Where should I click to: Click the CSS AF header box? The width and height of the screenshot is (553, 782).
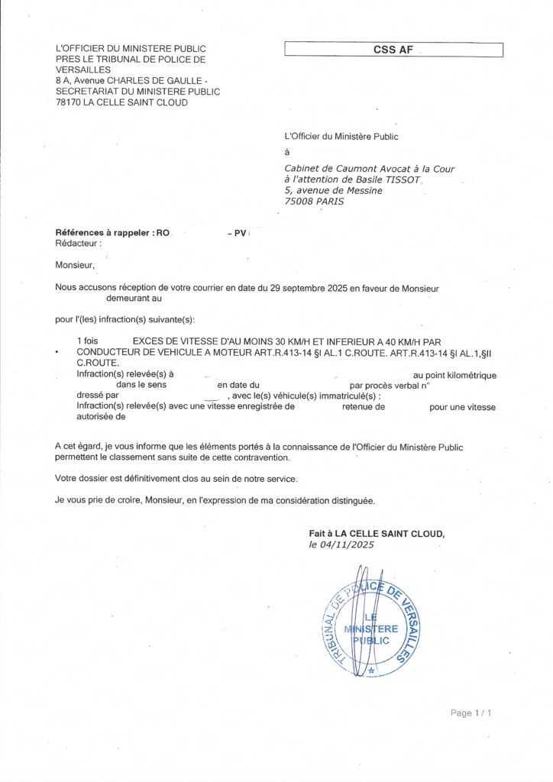pyautogui.click(x=393, y=50)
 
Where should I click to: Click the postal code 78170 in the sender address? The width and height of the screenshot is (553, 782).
pyautogui.click(x=70, y=102)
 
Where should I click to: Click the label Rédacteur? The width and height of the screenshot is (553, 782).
pyautogui.click(x=78, y=242)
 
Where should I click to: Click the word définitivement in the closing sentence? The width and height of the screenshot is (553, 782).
pyautogui.click(x=127, y=478)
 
